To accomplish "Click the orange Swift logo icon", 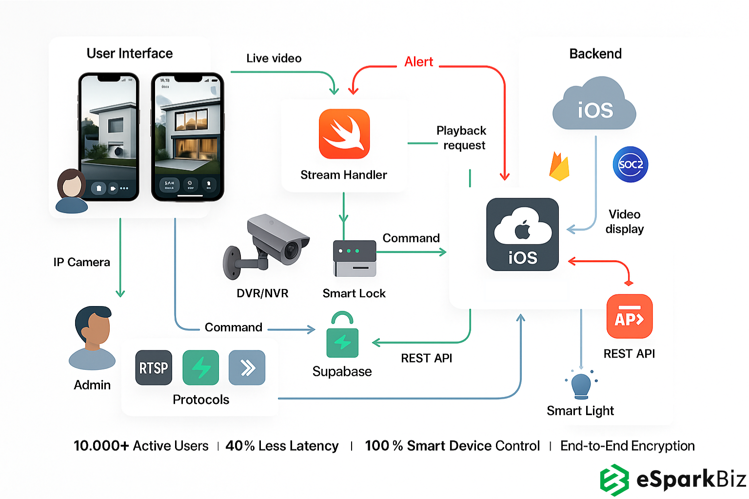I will click(x=344, y=134).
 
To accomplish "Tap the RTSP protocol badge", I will click(x=154, y=367).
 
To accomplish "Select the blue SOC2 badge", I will click(x=630, y=165).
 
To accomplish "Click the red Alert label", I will click(x=418, y=62).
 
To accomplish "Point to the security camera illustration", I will click(x=267, y=247).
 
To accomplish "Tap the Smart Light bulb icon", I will click(x=581, y=385).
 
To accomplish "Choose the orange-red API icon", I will click(x=629, y=317).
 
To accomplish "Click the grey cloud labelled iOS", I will click(x=594, y=104).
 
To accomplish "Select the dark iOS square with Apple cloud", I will click(x=522, y=234).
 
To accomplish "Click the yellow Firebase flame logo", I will click(x=559, y=167).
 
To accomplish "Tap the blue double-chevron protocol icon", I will click(x=247, y=367).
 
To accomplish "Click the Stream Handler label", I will click(x=343, y=175).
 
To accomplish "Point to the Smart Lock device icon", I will click(x=355, y=258).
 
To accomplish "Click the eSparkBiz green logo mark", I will click(x=614, y=480).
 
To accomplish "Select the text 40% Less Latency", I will click(x=282, y=446).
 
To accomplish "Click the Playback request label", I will click(x=462, y=138).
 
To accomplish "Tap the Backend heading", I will click(x=595, y=54).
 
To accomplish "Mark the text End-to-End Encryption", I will click(x=627, y=446).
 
